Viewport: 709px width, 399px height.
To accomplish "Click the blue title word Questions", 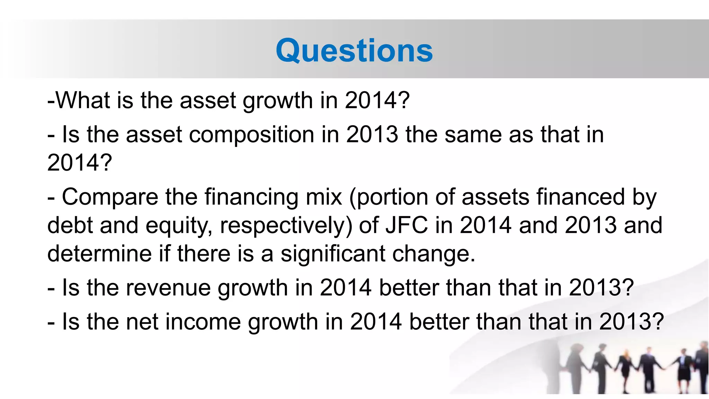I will click(354, 51).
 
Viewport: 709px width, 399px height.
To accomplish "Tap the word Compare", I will click(110, 197).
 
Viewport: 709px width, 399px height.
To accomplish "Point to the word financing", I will click(251, 197).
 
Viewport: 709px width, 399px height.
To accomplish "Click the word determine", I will click(99, 254).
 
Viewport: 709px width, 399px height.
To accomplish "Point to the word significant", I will click(333, 254).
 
